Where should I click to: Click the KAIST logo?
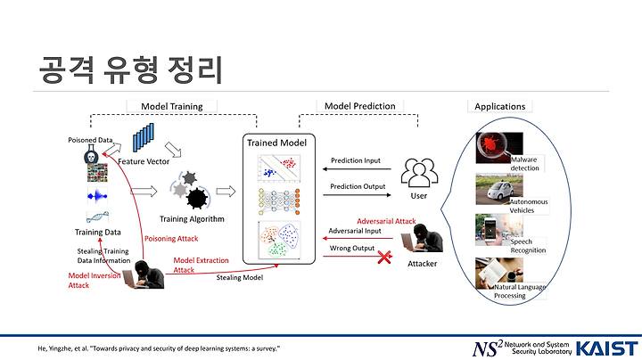point(607,349)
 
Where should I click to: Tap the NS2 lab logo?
point(522,348)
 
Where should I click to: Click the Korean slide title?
point(131,70)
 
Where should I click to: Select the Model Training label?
point(171,106)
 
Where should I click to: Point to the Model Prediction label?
point(360,106)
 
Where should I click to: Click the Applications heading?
point(499,106)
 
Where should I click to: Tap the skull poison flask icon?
point(91,154)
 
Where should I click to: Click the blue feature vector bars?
point(144,137)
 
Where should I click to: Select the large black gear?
point(197,199)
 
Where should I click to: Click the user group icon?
point(419,173)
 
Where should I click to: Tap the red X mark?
point(384,258)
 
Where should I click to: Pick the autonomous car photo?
point(499,189)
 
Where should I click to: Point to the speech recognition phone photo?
point(498,230)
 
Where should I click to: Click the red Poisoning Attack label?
point(171,239)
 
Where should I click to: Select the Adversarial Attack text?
point(386,221)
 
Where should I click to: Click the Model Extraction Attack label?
point(201,265)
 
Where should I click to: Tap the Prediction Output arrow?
point(357,195)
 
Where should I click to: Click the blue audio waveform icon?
point(97,196)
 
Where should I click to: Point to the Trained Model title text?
point(276,143)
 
